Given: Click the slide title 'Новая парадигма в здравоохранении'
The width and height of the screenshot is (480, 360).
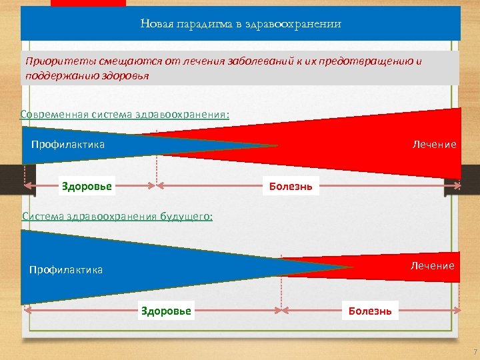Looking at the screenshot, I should coord(241,24).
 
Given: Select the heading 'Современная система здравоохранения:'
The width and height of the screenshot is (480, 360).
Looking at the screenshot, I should coord(125,114).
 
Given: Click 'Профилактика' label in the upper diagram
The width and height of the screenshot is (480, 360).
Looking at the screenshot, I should coord(68,144).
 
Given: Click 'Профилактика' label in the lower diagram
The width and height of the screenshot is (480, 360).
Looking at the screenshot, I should coord(66,270).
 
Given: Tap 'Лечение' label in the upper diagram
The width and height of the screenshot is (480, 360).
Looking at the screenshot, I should coord(434,144).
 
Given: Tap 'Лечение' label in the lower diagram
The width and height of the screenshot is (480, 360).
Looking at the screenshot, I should coord(432,265).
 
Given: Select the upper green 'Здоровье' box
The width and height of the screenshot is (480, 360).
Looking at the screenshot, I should coord(87,186).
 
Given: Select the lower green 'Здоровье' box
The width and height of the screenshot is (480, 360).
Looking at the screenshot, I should coord(166,311).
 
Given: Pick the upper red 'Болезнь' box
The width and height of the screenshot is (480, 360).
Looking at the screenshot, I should coord(291,186).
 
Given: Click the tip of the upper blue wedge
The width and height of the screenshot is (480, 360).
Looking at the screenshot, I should coord(276,145).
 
